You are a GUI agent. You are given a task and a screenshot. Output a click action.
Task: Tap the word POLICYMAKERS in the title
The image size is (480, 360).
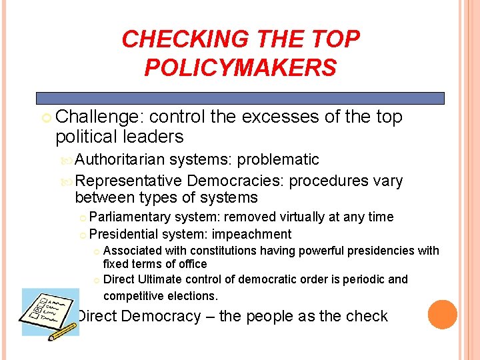tap(241, 67)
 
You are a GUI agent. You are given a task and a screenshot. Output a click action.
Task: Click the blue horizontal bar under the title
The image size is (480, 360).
tap(240, 98)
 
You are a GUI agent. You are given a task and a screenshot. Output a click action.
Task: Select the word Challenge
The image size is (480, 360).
tap(100, 117)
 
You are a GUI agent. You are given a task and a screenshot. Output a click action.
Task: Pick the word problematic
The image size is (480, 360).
tap(278, 160)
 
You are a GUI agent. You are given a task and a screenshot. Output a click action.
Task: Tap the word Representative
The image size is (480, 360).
tap(129, 181)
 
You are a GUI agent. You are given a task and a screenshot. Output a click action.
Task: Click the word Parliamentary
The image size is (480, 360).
tap(130, 217)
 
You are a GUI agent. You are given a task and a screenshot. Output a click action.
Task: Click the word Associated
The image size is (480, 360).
tap(133, 251)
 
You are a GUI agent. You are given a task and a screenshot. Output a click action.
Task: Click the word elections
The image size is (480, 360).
tap(193, 295)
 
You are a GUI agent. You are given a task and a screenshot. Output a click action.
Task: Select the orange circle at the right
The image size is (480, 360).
tap(442, 315)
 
